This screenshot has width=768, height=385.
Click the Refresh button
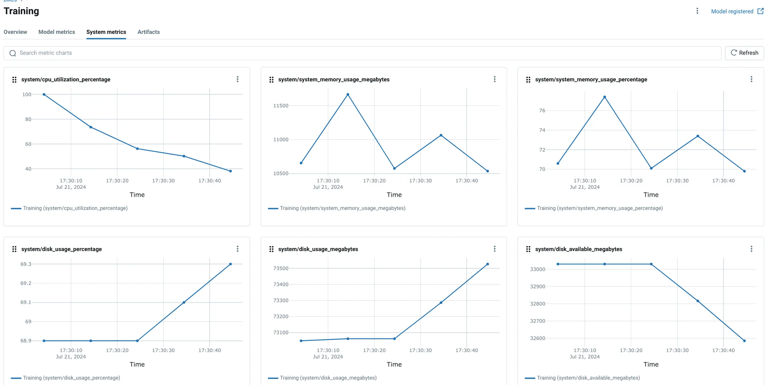tap(744, 53)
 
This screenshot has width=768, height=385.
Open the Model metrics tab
tap(57, 32)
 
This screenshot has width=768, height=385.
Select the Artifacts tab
tap(149, 32)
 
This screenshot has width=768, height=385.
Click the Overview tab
tap(15, 32)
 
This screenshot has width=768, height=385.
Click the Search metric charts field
tap(362, 53)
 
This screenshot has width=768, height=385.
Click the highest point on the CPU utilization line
tap(44, 94)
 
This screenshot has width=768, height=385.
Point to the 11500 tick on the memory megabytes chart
tap(281, 106)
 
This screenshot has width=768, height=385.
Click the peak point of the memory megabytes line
tap(348, 94)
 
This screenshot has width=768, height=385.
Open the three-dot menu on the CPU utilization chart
tap(238, 79)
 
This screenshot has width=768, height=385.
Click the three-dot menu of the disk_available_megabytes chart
tap(751, 249)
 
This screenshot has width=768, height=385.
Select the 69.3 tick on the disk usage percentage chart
tap(26, 264)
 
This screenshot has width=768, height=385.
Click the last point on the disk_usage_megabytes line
tap(488, 264)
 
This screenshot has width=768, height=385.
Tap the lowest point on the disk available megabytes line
tap(744, 341)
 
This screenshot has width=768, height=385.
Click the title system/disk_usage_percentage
tap(62, 249)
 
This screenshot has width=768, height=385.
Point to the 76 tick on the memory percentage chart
tap(542, 111)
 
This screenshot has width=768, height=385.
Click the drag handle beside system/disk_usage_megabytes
tap(271, 249)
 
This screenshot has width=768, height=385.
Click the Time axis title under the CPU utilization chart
tap(137, 195)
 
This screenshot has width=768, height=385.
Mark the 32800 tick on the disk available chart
tap(537, 304)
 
